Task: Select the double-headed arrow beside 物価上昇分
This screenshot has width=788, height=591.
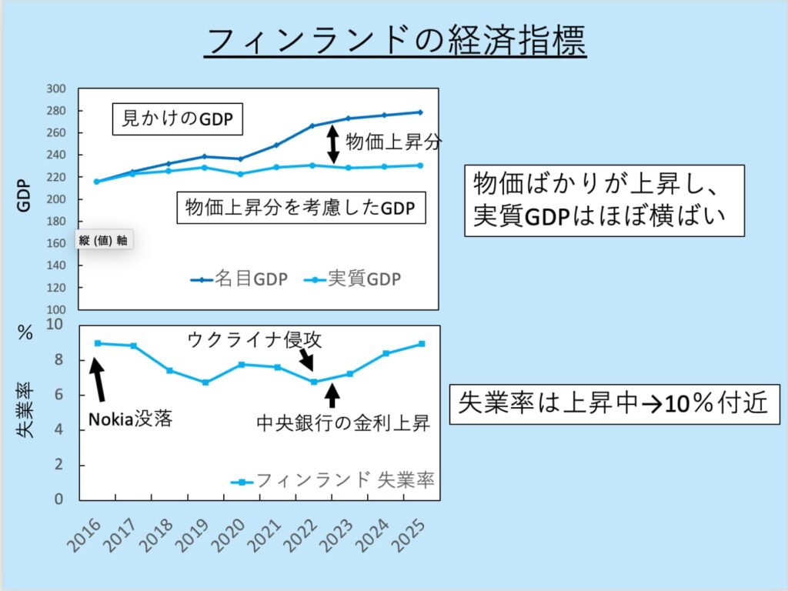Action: [x=333, y=144]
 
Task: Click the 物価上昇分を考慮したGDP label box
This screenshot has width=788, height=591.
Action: [x=301, y=208]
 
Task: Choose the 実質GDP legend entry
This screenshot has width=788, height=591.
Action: [x=353, y=279]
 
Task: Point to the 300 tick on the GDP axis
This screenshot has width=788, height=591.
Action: [x=58, y=88]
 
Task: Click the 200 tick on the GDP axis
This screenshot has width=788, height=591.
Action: [x=58, y=199]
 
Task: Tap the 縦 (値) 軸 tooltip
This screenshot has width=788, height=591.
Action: [x=103, y=240]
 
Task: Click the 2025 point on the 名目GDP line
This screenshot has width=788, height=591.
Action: [x=420, y=112]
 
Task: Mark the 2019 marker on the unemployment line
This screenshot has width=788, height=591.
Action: [x=205, y=382]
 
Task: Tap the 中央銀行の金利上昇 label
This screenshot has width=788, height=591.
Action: [x=343, y=422]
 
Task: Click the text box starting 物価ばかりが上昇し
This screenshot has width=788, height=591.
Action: [x=604, y=199]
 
